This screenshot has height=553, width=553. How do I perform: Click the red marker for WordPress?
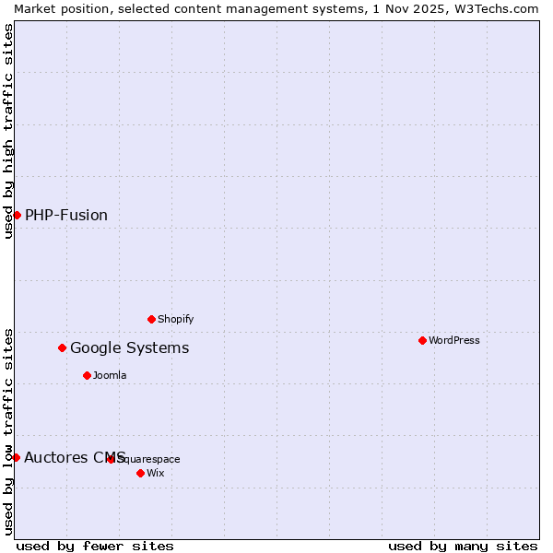pos(422,340)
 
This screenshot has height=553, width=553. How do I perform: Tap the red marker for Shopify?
pos(151,319)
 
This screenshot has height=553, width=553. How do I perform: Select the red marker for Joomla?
pos(87,375)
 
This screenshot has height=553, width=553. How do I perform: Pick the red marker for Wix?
pos(140,473)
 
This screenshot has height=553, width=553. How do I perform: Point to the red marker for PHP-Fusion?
pos(17,215)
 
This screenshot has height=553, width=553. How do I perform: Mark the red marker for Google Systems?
pos(62,347)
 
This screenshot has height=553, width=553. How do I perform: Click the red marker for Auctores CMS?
pos(16,457)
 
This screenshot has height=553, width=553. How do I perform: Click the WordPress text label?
pos(454,340)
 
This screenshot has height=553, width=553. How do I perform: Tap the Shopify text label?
pos(176,319)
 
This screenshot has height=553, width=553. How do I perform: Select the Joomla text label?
pos(110,375)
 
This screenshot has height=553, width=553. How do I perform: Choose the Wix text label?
pos(156,473)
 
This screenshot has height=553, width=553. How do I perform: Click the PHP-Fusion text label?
pos(66,215)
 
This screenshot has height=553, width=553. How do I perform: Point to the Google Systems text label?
pos(130,347)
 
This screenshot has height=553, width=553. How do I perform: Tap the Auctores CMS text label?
pos(75,457)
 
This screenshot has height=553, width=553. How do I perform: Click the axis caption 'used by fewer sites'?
pos(95,546)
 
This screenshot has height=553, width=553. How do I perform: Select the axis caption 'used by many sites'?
pos(463,546)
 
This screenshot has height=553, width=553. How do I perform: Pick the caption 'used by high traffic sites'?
pos(8,131)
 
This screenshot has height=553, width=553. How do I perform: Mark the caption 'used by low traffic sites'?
pos(8,431)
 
